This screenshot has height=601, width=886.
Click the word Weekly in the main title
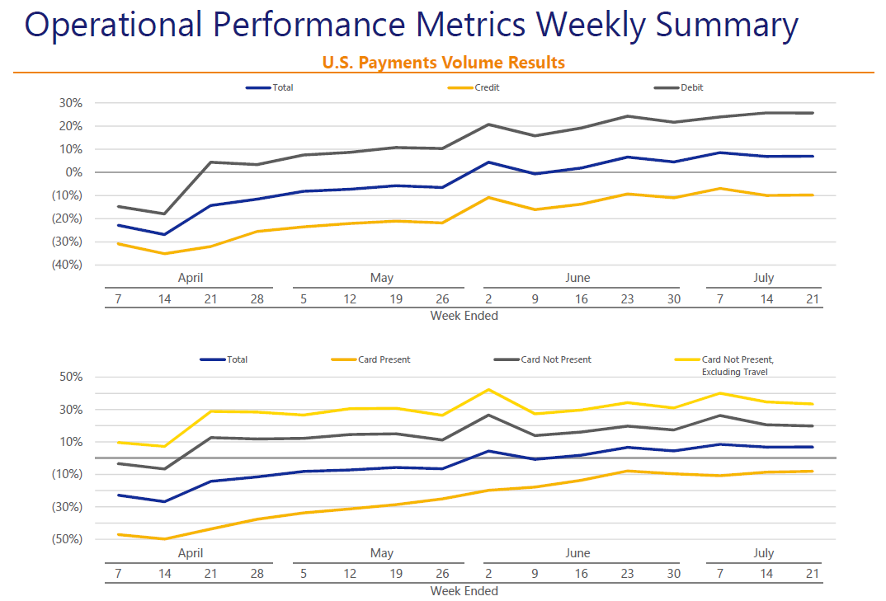[591, 26]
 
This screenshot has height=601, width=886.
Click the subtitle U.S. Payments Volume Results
[444, 63]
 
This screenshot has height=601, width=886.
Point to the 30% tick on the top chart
[70, 103]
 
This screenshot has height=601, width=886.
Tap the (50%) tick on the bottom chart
[68, 539]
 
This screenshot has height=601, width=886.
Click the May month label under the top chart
[382, 278]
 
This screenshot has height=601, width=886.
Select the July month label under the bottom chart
[763, 553]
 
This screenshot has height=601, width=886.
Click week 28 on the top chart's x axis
[257, 299]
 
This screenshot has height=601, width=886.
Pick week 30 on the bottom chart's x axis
[674, 575]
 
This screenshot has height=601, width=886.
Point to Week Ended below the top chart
[464, 315]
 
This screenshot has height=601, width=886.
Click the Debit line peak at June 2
[488, 124]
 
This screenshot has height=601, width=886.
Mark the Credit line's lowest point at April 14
[164, 253]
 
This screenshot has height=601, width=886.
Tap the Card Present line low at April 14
[164, 539]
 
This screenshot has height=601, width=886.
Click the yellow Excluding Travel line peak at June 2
[488, 389]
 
